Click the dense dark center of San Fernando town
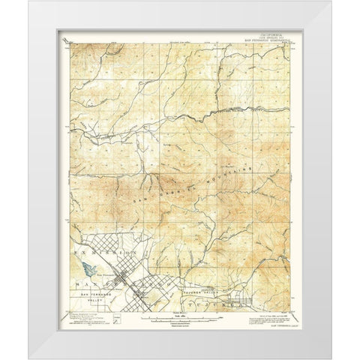pyautogui.click(x=123, y=283)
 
